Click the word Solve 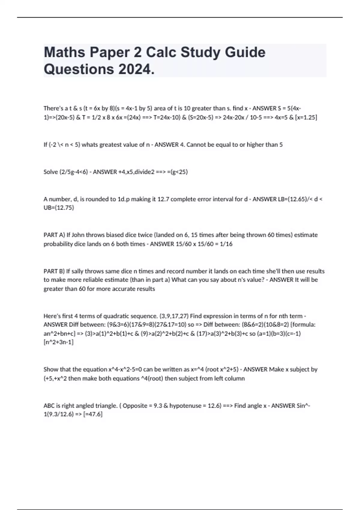[50, 172]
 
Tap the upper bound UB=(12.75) [59, 208]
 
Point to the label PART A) [54, 235]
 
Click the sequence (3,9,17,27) [174, 316]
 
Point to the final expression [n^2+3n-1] [58, 342]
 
